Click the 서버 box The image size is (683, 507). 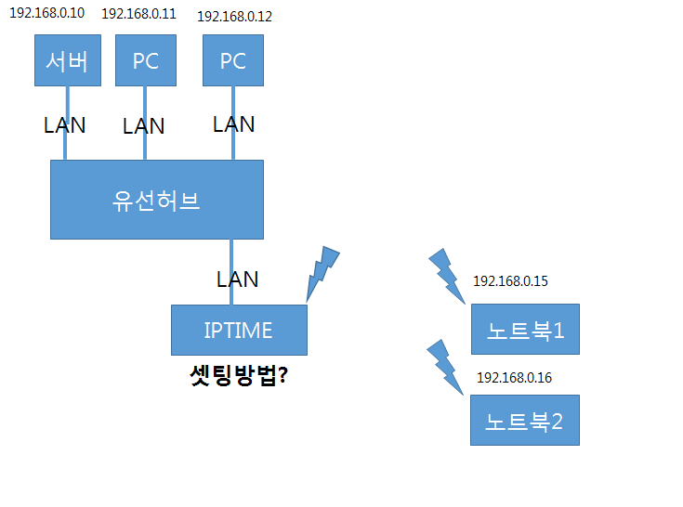point(68,60)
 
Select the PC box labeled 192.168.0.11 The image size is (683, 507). point(146,60)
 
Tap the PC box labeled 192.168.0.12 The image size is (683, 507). point(233,60)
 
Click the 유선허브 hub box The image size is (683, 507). point(157,200)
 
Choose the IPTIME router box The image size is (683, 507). point(239,330)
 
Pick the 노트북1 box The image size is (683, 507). point(525,329)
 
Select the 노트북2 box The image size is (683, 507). point(525,421)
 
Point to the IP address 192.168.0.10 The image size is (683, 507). point(47,13)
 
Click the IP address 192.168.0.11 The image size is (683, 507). point(139,14)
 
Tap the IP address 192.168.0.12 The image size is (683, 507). point(235,17)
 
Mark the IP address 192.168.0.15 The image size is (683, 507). point(510,281)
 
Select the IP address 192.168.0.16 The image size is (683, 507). point(515,378)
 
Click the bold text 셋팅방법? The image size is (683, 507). point(239,375)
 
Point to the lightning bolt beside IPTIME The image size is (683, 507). point(322,274)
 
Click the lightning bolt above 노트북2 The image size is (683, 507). point(446,367)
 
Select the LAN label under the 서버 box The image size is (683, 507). point(64,125)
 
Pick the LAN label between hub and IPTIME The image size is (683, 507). point(237,279)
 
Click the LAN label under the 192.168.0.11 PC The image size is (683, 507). point(144,126)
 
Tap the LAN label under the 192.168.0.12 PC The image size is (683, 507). point(234,124)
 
